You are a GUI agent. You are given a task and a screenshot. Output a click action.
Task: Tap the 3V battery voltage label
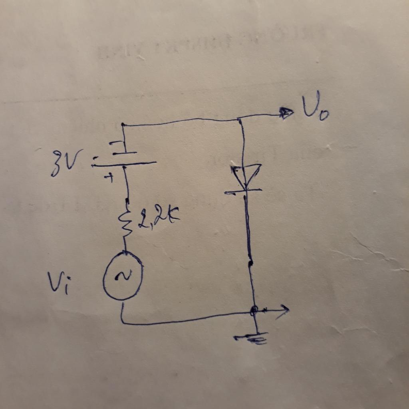pos(67,162)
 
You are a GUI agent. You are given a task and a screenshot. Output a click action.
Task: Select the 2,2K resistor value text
pos(159,216)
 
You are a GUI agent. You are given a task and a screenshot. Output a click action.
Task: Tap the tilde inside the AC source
pos(123,275)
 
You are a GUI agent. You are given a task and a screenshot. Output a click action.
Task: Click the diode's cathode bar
pos(243,192)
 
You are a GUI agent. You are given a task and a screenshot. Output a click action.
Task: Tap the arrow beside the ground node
pos(274,311)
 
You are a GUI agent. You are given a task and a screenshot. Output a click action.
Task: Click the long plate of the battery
pos(124,164)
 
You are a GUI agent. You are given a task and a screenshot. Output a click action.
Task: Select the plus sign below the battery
pos(109,178)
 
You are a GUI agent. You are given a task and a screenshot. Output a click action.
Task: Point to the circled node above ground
pos(253,311)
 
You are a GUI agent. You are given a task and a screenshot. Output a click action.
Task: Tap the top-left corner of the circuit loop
pos(123,125)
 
